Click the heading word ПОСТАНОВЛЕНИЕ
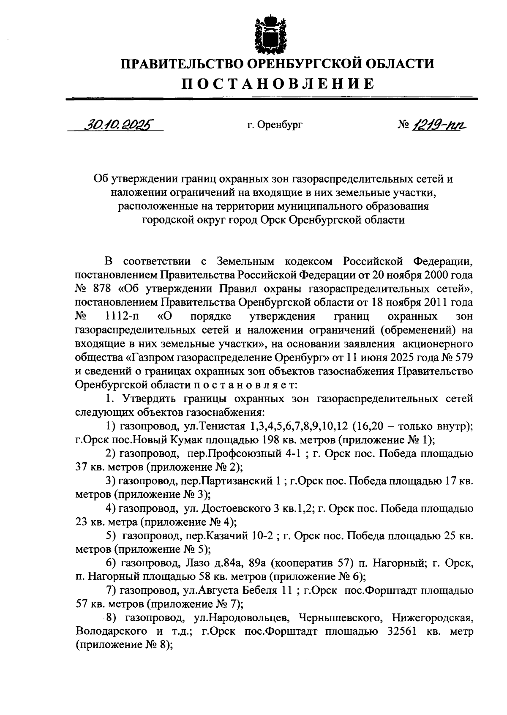coord(278,83)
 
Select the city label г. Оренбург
coord(275,125)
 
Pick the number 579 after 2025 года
coord(463,357)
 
